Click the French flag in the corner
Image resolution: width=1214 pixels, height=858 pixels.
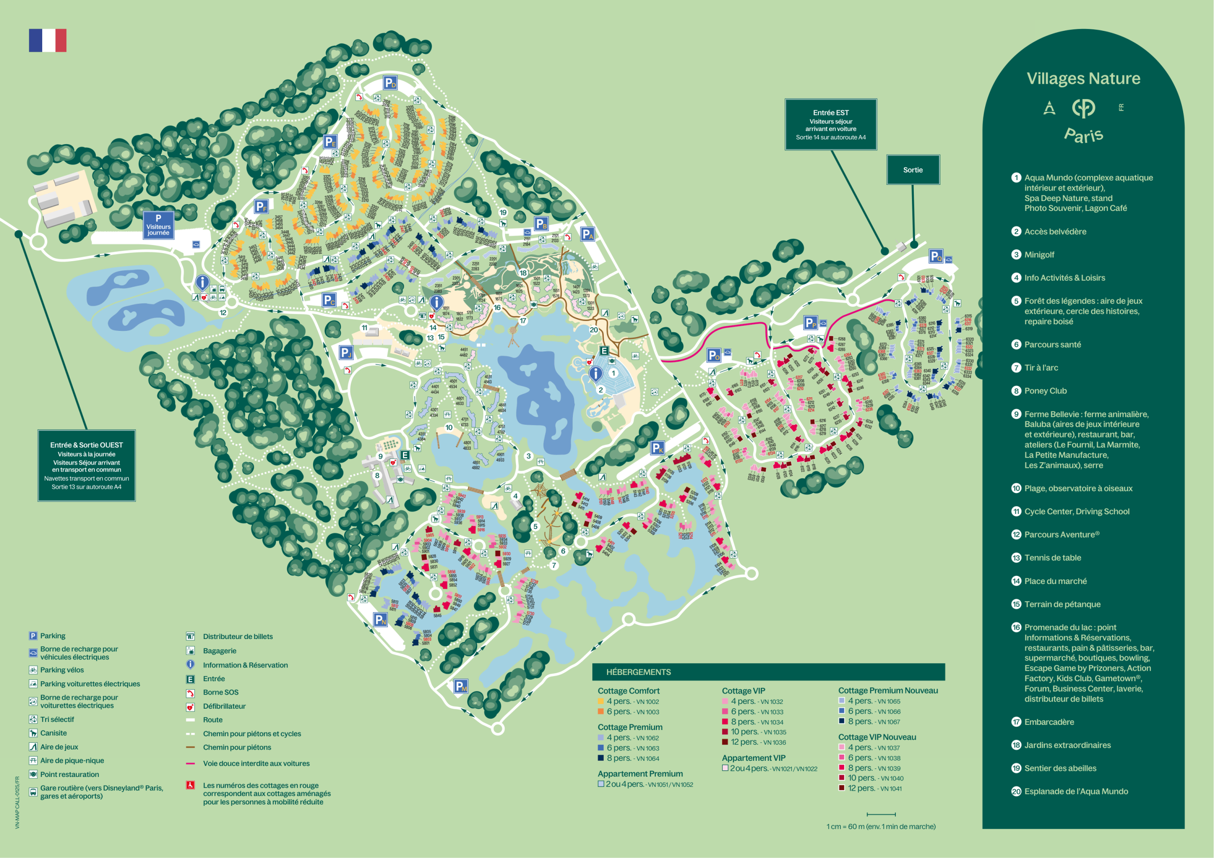point(47,40)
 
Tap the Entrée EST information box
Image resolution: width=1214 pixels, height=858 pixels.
point(831,124)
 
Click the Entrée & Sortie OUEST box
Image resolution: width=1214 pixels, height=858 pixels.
point(86,465)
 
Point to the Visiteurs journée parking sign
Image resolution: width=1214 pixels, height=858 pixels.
point(158,225)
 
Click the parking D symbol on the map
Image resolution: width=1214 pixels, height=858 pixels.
point(390,83)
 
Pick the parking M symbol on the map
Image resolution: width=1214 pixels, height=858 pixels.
point(460,686)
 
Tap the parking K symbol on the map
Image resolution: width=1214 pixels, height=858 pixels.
point(657,448)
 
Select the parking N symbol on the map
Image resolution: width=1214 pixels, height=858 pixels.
point(380,620)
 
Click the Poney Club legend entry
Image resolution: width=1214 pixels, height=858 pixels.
point(1045,391)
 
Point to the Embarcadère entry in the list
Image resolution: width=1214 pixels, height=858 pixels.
point(1048,721)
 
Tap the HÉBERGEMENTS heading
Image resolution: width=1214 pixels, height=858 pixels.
point(638,672)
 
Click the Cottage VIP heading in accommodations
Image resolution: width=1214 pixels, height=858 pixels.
point(744,690)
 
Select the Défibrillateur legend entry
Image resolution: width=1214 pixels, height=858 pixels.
point(224,706)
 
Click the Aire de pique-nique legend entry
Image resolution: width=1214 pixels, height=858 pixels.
point(72,760)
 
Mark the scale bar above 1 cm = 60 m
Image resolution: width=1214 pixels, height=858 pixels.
point(881,814)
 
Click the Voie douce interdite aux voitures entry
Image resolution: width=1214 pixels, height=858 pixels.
point(256,763)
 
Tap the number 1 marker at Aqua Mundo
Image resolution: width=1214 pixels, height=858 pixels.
point(613,373)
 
